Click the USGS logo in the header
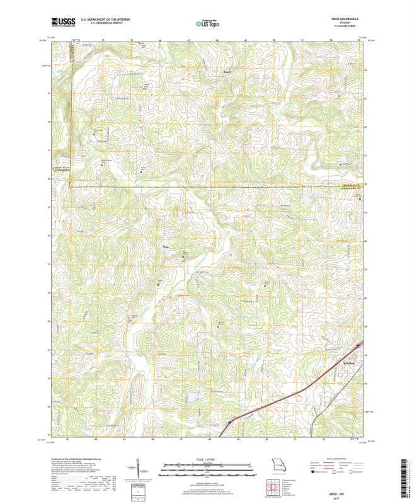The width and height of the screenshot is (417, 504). [x=64, y=22]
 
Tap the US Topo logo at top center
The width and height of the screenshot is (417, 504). [x=208, y=23]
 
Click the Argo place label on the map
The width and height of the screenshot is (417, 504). [x=166, y=247]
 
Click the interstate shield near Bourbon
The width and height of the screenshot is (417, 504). [x=359, y=345]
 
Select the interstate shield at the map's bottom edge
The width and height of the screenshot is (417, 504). [x=230, y=422]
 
